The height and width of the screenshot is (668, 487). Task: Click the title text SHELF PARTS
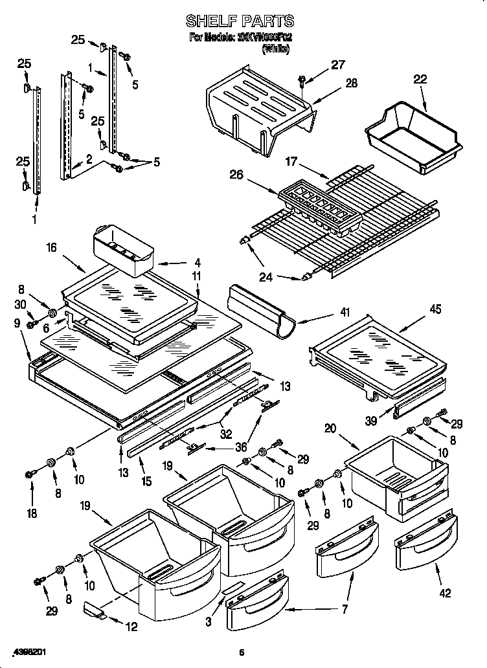[240, 21]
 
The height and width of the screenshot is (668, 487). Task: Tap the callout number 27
[338, 65]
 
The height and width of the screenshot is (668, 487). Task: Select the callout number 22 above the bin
[420, 79]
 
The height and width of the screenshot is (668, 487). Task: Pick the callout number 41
[345, 313]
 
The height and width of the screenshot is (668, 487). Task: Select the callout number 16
[52, 247]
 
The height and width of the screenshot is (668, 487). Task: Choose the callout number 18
[32, 513]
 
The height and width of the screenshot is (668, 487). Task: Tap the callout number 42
[445, 593]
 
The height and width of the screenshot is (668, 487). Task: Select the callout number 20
[330, 427]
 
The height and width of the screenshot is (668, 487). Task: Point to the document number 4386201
[28, 652]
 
